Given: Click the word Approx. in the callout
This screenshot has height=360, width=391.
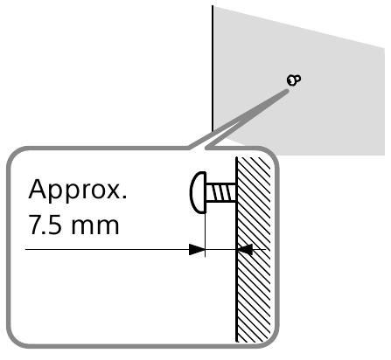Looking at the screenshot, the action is pyautogui.click(x=78, y=190).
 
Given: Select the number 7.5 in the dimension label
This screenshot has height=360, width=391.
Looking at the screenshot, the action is pyautogui.click(x=45, y=225).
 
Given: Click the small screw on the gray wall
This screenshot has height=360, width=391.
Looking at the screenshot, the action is pyautogui.click(x=294, y=80).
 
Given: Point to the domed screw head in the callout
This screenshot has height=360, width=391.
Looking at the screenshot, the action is pyautogui.click(x=198, y=192).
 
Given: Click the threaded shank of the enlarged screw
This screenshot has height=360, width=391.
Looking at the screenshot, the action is pyautogui.click(x=220, y=192).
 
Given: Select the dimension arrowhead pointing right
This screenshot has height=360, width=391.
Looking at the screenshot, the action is pyautogui.click(x=197, y=250).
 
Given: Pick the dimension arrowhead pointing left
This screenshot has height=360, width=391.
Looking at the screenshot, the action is pyautogui.click(x=245, y=250).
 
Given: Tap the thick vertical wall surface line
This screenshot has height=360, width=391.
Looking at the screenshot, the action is pyautogui.click(x=236, y=249).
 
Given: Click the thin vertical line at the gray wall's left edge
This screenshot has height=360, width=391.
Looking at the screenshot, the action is pyautogui.click(x=213, y=68).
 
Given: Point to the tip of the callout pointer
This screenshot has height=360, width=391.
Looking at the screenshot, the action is pyautogui.click(x=288, y=91).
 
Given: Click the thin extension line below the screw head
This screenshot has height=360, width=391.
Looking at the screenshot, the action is pyautogui.click(x=206, y=235).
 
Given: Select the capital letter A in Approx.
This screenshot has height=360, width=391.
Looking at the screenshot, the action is pyautogui.click(x=38, y=189).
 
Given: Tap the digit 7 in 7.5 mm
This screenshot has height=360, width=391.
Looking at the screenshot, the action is pyautogui.click(x=36, y=225).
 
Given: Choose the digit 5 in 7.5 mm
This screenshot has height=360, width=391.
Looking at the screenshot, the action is pyautogui.click(x=56, y=225).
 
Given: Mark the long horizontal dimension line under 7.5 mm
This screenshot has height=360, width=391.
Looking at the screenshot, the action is pyautogui.click(x=115, y=250).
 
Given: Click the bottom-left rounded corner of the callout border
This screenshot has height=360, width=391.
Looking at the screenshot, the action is pyautogui.click(x=15, y=339).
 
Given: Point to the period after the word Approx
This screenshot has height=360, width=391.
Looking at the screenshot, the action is pyautogui.click(x=125, y=197).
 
